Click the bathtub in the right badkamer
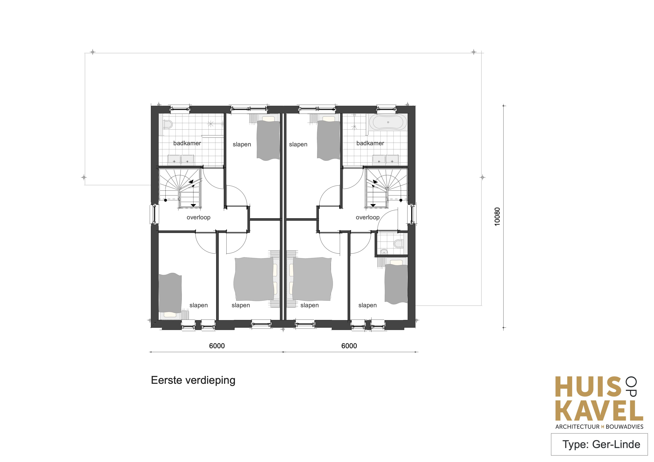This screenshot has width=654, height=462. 388,123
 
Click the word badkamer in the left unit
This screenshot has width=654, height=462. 187,143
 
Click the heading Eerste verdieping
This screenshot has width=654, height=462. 193,381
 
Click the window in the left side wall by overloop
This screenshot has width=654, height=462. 154,214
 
